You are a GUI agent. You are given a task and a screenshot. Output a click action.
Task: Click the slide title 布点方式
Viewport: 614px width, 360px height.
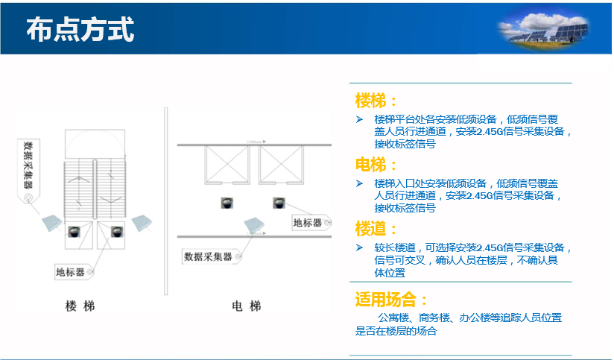(80, 29)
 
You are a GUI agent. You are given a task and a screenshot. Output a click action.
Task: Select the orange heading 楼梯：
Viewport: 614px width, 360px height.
(376, 101)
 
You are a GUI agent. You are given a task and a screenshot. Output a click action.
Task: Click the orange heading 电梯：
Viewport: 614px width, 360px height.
(376, 165)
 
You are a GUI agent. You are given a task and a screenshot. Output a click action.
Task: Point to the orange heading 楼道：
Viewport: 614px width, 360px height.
(376, 229)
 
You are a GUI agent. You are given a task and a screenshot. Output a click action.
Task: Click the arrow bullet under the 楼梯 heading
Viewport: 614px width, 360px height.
(359, 119)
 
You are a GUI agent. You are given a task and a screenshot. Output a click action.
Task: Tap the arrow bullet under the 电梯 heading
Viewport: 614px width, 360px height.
(359, 183)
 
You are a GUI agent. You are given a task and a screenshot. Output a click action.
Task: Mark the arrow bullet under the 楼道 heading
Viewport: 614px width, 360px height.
(359, 247)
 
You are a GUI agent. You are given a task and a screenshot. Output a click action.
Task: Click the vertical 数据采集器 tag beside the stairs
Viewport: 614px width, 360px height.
(28, 171)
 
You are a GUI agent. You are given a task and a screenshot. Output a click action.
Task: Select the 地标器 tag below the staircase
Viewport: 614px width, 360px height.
(75, 272)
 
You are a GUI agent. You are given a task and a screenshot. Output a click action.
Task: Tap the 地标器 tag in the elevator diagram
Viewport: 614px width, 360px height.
(311, 223)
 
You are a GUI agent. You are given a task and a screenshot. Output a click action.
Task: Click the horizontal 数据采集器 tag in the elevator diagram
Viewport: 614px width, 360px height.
(212, 256)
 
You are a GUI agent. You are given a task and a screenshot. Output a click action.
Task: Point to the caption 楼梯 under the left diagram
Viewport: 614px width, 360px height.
(80, 306)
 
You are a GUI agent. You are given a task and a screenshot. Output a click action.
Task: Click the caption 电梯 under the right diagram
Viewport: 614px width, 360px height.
(247, 306)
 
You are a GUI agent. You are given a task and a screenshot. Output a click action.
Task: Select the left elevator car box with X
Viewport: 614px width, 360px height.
(227, 165)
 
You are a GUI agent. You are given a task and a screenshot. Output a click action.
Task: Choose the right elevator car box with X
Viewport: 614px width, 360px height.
(281, 165)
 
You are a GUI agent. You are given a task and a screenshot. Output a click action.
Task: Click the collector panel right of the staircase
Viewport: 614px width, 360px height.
(142, 223)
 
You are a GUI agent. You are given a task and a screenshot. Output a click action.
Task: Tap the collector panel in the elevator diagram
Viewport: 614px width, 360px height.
(254, 226)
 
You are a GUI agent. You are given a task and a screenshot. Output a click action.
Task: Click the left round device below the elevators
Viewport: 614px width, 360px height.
(227, 203)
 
